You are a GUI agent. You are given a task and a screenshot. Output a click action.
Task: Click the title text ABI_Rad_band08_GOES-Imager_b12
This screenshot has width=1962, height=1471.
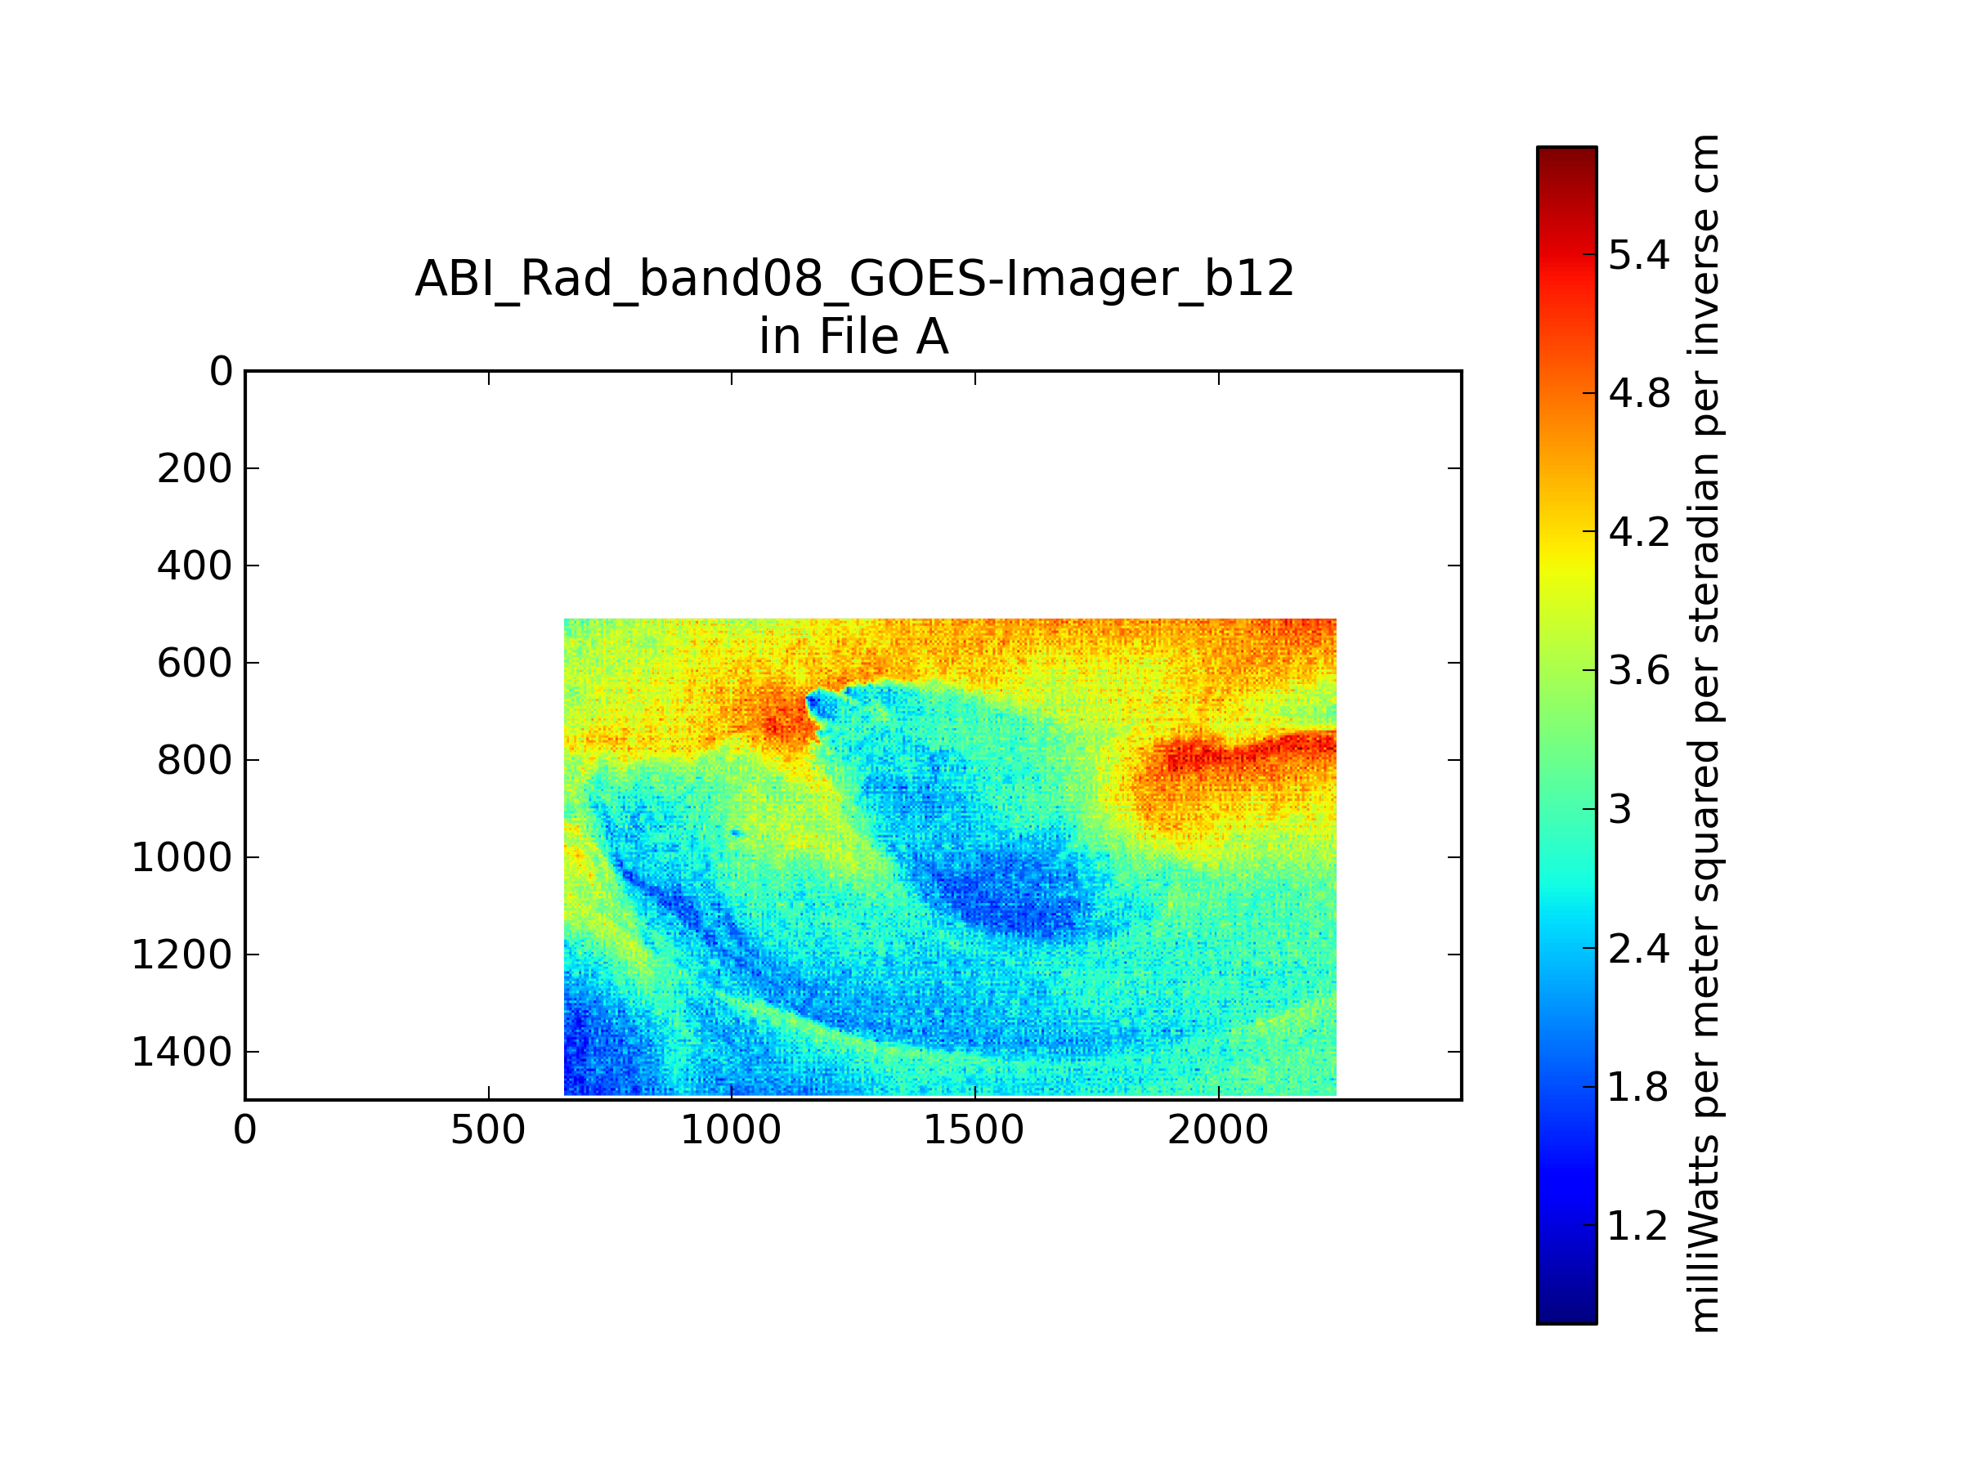coord(854,279)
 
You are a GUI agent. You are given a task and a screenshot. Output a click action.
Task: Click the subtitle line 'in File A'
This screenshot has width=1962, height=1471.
coord(854,337)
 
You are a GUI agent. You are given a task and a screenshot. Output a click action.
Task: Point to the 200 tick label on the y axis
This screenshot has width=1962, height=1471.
coord(195,468)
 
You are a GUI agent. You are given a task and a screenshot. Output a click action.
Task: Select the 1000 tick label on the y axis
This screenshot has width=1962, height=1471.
coord(181,857)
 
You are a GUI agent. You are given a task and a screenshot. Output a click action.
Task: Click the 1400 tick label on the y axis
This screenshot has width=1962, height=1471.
coord(181,1052)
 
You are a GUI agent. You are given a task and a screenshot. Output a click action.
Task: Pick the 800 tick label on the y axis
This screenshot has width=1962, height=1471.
coord(195,760)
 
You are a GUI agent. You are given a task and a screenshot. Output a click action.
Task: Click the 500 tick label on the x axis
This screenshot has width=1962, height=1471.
coord(488,1130)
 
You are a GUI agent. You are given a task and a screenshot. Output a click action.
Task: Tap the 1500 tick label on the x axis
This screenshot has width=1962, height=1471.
coord(974,1130)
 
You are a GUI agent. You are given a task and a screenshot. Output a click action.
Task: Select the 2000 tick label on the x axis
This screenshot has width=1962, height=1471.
coord(1218,1130)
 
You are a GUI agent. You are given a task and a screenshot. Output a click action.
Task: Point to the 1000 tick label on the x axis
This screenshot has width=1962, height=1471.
coord(731,1130)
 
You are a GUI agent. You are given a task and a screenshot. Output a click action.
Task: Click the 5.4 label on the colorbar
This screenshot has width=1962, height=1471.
coord(1639,255)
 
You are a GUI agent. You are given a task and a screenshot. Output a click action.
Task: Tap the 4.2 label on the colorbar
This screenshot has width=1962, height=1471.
coord(1639,532)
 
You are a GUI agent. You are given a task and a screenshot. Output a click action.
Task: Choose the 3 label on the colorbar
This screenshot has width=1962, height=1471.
coord(1620,810)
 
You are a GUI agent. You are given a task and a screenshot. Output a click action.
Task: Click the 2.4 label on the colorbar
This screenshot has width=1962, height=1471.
coord(1639,949)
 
